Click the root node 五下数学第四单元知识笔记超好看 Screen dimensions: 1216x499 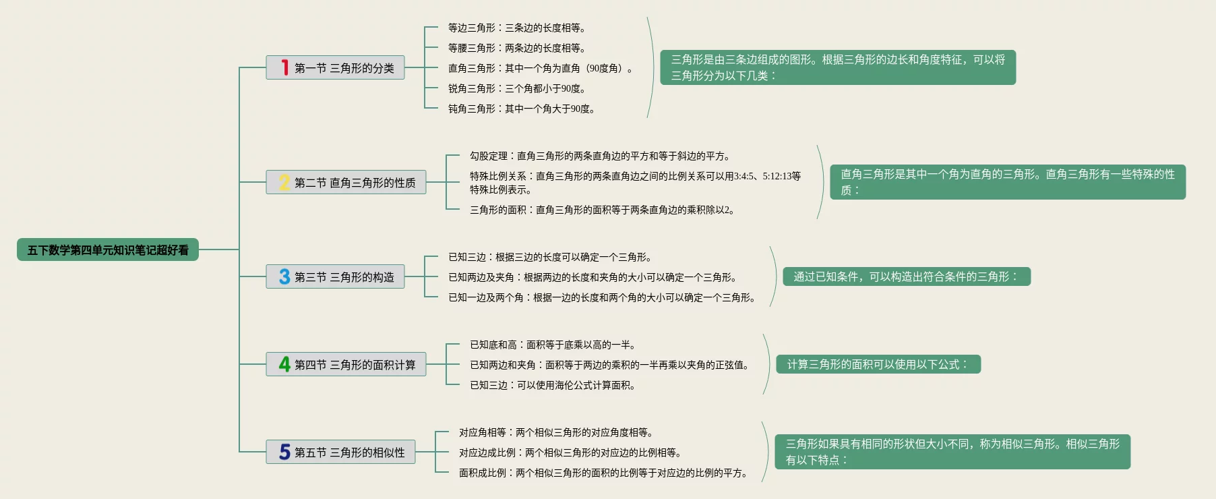[x=108, y=249]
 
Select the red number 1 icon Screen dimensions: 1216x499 [x=285, y=67]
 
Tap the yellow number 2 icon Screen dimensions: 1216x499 [x=284, y=182]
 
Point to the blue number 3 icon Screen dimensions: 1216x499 [x=284, y=276]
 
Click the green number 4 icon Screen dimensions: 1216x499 [x=284, y=364]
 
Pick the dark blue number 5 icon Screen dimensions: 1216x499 [x=284, y=452]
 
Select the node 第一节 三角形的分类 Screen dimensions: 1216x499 [x=344, y=67]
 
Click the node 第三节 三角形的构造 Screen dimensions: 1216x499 [x=344, y=276]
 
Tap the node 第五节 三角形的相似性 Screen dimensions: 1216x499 [x=349, y=452]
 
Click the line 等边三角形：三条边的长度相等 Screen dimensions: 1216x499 [x=516, y=28]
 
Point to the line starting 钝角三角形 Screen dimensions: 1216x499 [x=521, y=109]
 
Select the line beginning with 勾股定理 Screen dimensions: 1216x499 [x=600, y=156]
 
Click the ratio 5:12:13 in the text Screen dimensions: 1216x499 [x=777, y=176]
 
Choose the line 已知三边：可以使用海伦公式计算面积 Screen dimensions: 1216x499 [x=553, y=385]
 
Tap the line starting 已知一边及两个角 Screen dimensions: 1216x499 [x=602, y=297]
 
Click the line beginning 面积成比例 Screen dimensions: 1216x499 [x=603, y=473]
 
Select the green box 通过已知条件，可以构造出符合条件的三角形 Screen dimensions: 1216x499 [x=906, y=276]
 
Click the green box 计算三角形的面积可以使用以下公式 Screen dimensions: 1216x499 [x=878, y=364]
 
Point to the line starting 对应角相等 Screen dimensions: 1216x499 [x=556, y=432]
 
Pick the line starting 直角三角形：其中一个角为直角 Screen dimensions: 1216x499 [x=541, y=68]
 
